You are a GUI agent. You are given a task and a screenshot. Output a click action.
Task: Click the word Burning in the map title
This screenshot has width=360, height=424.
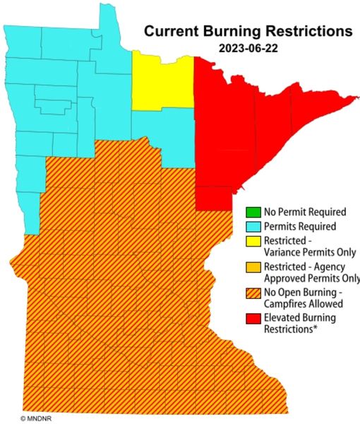pyautogui.click(x=236, y=32)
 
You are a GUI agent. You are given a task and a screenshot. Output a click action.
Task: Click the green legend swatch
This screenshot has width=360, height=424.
pyautogui.click(x=252, y=211)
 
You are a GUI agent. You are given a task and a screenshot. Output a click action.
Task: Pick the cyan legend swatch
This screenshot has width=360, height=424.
pyautogui.click(x=252, y=227)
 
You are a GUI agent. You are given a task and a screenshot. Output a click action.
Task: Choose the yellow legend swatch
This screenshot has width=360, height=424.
pyautogui.click(x=252, y=242)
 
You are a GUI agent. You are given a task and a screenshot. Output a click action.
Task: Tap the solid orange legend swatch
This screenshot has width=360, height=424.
pyautogui.click(x=252, y=268)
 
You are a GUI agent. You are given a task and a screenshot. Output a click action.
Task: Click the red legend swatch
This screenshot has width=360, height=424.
pyautogui.click(x=252, y=319)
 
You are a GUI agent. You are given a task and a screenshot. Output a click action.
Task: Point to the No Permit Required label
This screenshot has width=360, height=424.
pyautogui.click(x=305, y=211)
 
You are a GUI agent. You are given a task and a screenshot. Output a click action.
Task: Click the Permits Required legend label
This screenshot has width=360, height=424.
pyautogui.click(x=299, y=227)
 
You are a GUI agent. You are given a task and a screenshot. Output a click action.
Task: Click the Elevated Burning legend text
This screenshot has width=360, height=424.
pyautogui.click(x=300, y=318)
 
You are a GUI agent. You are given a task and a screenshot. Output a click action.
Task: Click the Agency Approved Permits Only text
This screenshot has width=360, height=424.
pyautogui.click(x=310, y=278)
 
